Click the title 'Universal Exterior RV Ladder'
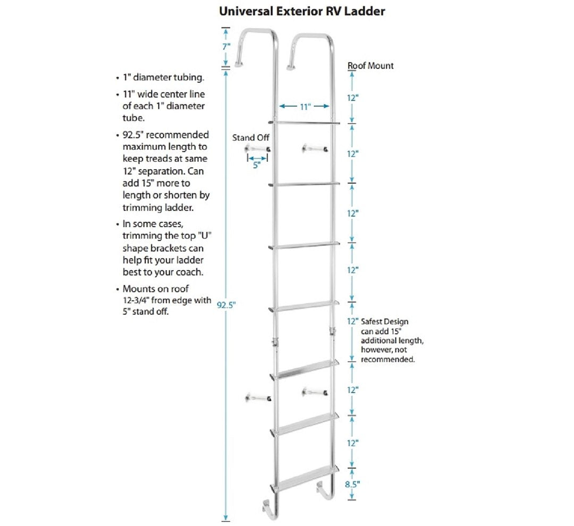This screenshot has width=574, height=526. tap(302, 11)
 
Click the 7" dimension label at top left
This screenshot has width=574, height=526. tap(226, 46)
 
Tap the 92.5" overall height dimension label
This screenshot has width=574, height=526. tap(226, 304)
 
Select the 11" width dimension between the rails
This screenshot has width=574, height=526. tap(305, 106)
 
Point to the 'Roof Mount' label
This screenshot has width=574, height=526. tap(370, 65)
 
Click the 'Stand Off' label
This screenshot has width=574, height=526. tap(251, 138)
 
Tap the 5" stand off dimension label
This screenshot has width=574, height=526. tap(256, 165)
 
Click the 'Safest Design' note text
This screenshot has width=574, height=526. tap(385, 321)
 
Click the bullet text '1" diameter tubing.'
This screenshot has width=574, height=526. tap(163, 78)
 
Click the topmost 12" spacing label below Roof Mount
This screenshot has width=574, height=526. tap(352, 98)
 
